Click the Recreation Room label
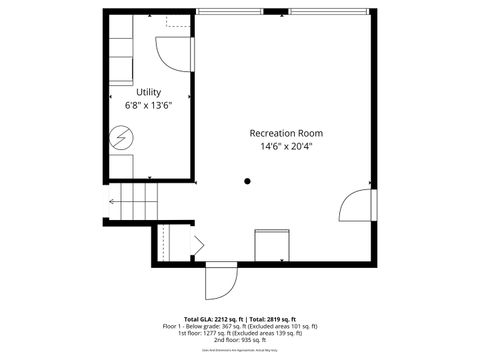(286, 133)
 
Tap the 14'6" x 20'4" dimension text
(286, 147)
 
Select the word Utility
(148, 92)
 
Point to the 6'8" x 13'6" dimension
(148, 105)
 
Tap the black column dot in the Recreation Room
(247, 181)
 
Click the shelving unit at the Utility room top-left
(120, 60)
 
